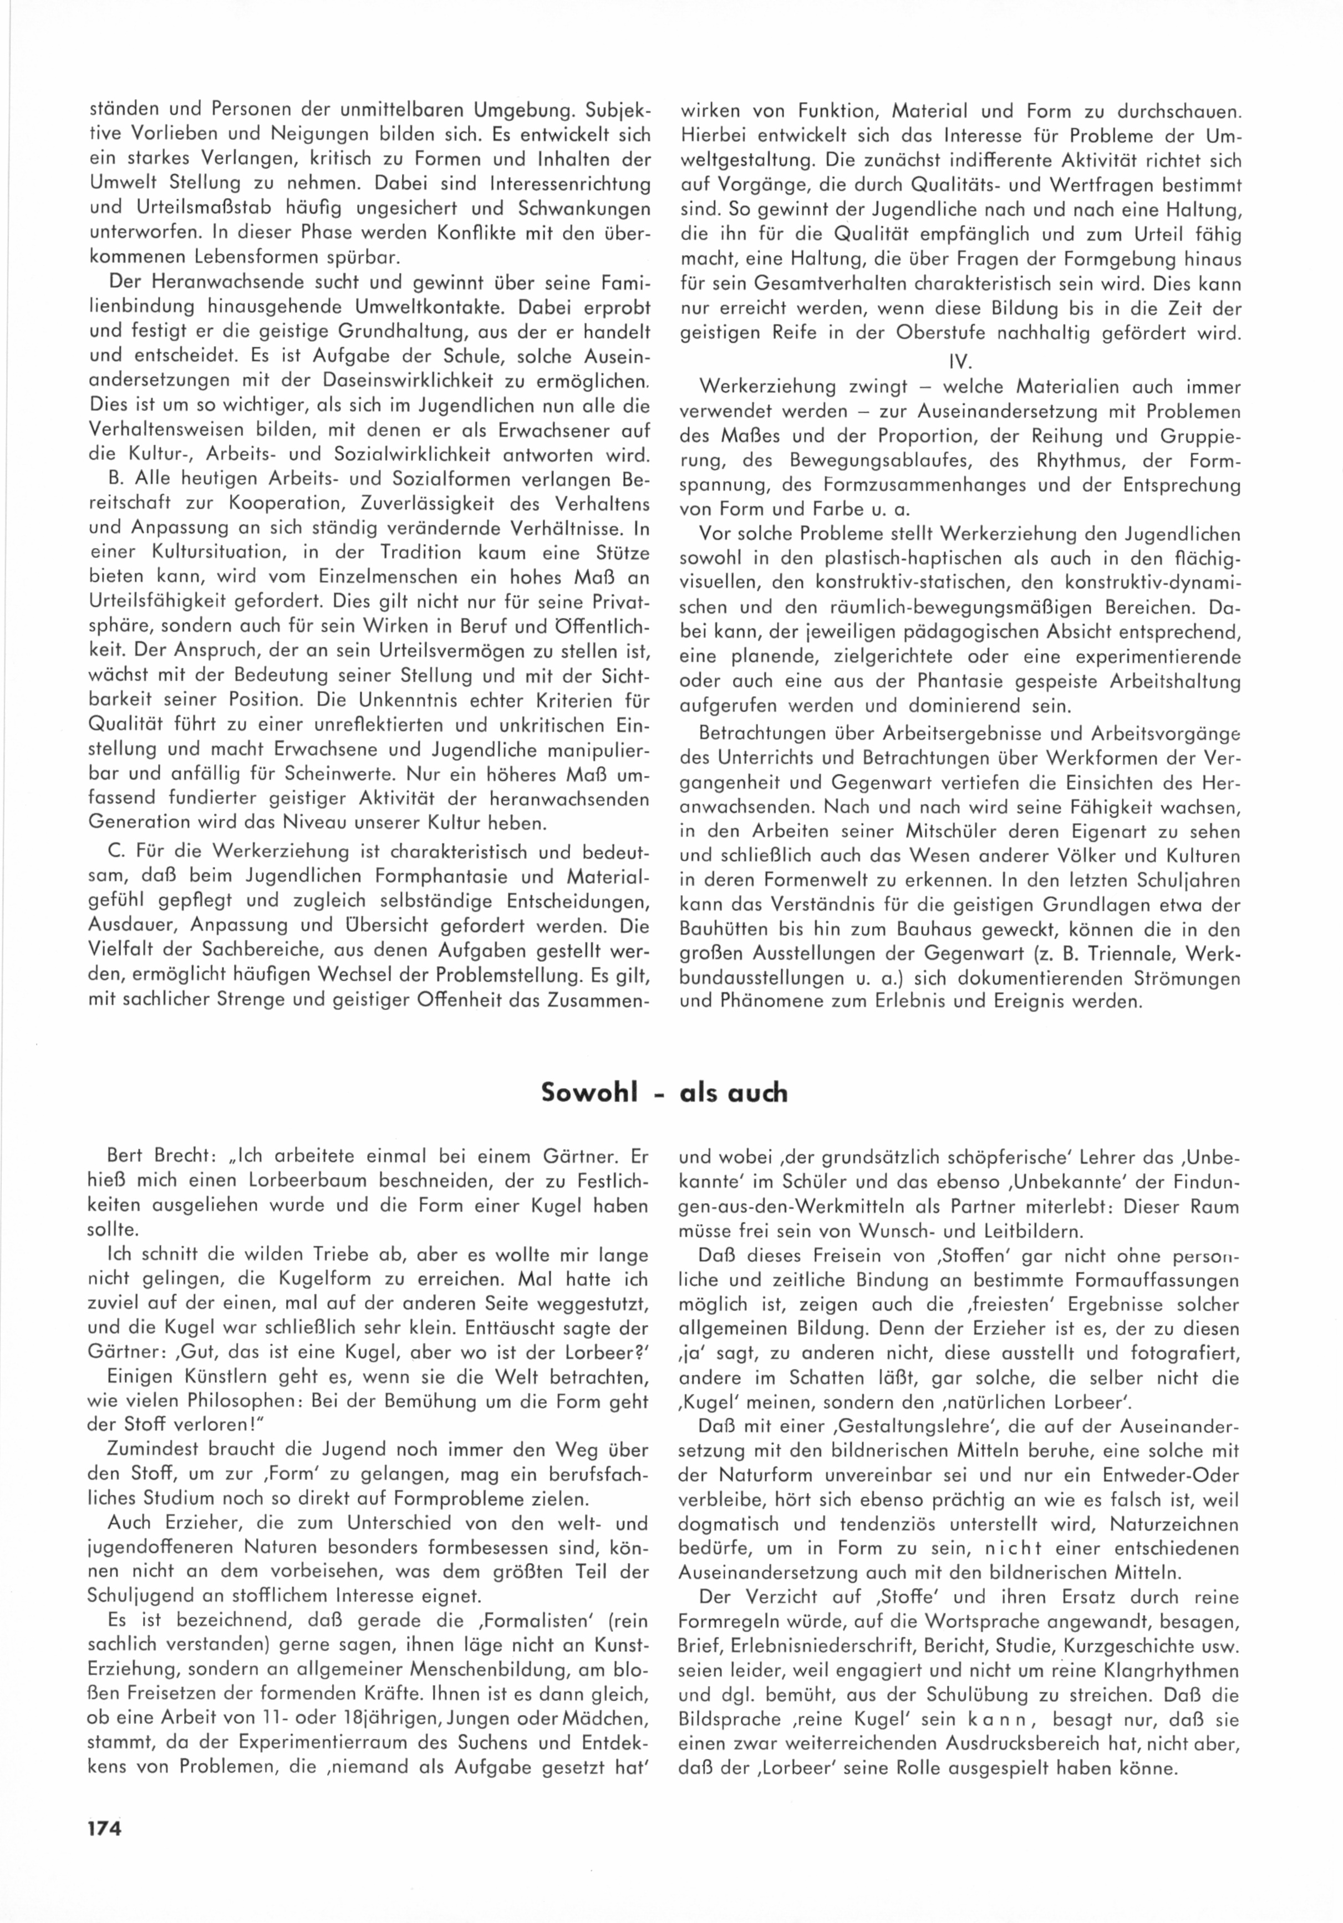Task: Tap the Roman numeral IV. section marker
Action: (959, 362)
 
